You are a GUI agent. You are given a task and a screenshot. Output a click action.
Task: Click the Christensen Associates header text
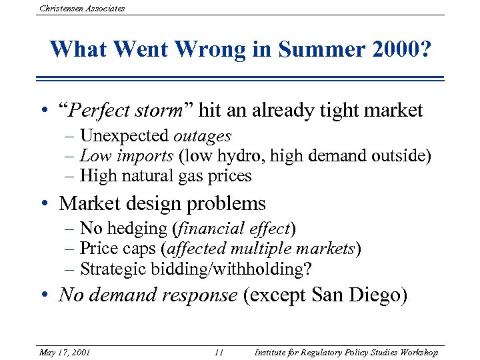82,8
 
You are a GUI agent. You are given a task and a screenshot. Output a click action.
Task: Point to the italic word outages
203,136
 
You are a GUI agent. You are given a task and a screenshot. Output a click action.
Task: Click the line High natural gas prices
165,176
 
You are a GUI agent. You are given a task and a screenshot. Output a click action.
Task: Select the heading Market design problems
163,203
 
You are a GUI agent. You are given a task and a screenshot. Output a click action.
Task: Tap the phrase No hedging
123,229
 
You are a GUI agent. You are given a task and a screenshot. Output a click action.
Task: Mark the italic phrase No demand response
148,295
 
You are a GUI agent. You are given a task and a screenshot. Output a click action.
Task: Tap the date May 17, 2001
65,352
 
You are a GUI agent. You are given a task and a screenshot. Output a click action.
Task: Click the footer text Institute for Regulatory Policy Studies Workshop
346,352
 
